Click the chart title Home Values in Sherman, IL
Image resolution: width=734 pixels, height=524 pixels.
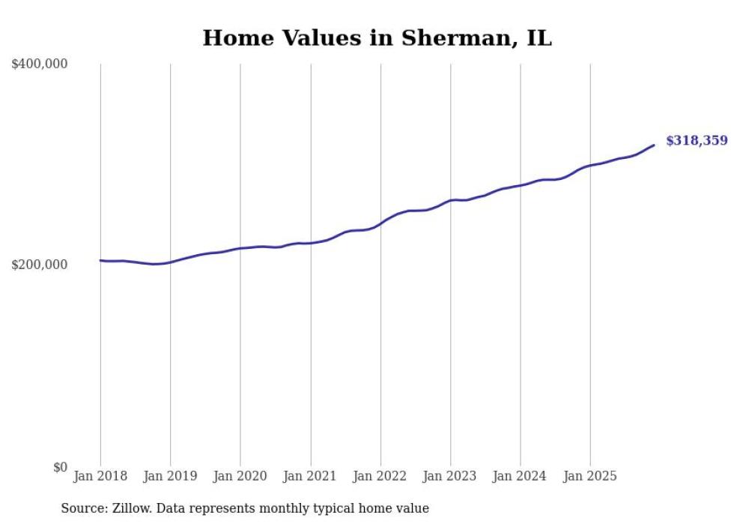coord(377,38)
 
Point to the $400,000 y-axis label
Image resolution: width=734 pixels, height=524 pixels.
coord(40,64)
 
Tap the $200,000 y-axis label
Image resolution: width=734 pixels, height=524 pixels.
coord(40,265)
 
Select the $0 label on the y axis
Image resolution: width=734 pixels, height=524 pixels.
coord(60,467)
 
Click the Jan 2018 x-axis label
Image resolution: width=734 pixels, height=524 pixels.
coord(100,476)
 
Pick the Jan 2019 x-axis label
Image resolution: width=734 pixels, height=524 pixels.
coord(170,476)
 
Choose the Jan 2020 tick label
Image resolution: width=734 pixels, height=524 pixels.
coord(240,476)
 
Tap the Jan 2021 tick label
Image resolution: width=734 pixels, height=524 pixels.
coord(310,476)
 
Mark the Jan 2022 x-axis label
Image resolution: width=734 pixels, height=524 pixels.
coord(380,476)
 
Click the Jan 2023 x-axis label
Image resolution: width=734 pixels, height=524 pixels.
coord(450,476)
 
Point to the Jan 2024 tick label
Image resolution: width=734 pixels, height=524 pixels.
coord(521,476)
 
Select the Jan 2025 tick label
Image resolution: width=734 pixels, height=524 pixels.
coord(590,476)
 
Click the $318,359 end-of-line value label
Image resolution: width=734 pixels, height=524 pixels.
coord(696,141)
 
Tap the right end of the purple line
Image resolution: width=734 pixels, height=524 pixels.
coord(654,145)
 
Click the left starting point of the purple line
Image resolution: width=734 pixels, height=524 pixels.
coord(100,260)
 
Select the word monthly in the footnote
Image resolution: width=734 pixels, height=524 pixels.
coord(277,508)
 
